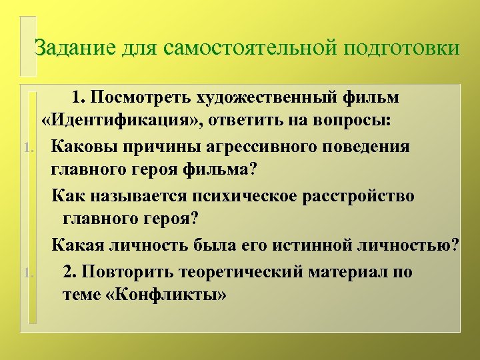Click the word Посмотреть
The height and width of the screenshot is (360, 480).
coord(141,98)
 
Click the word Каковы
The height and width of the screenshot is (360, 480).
coord(84,147)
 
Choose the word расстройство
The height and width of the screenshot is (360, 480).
coord(363,197)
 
